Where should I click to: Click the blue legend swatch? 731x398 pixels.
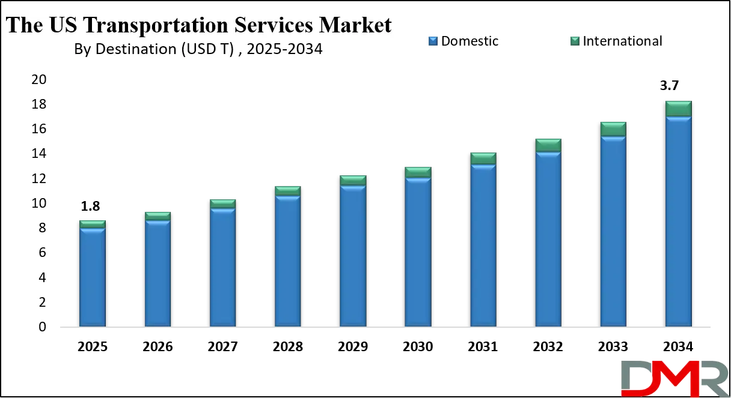[433, 41]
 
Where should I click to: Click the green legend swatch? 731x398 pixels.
[575, 41]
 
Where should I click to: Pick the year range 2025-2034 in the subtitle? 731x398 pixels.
[285, 49]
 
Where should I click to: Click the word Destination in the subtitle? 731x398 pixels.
[141, 49]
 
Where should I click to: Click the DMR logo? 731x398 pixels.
[673, 378]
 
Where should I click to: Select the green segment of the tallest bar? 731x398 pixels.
[678, 109]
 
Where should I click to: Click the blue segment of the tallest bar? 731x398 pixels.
[678, 222]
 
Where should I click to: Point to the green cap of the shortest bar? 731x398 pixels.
[93, 224]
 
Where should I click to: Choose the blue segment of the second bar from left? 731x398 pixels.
[158, 274]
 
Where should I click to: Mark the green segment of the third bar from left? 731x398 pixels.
[222, 204]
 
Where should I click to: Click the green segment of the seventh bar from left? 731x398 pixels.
[483, 158]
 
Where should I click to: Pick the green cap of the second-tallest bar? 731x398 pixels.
[613, 129]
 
